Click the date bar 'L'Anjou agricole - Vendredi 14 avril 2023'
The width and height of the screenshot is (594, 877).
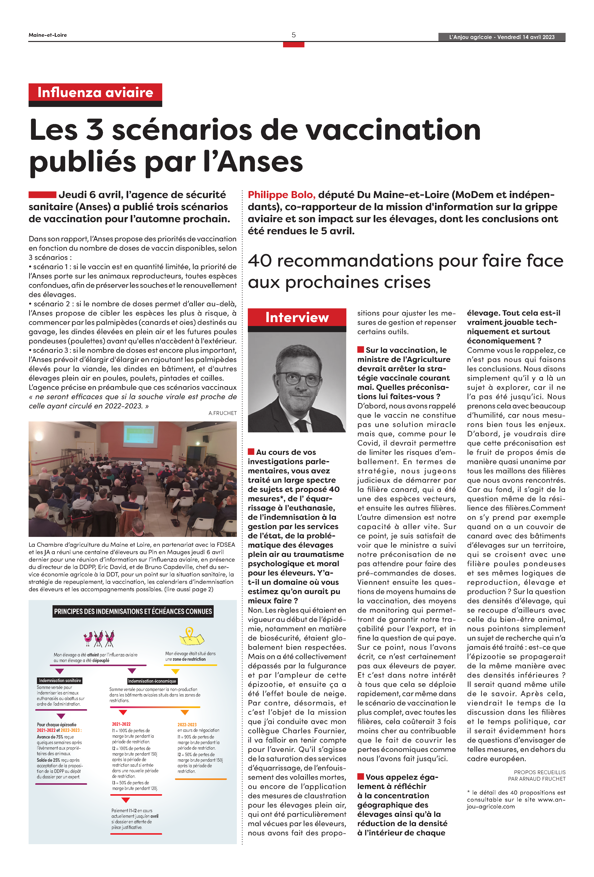click(502, 37)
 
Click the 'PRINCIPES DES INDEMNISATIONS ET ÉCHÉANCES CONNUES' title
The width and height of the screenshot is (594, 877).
click(133, 611)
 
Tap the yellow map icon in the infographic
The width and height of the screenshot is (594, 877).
click(191, 637)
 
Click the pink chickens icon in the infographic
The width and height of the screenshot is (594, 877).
click(99, 638)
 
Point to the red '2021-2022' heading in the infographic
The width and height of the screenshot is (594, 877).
click(121, 724)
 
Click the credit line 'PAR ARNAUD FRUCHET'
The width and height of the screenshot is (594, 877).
click(537, 778)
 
